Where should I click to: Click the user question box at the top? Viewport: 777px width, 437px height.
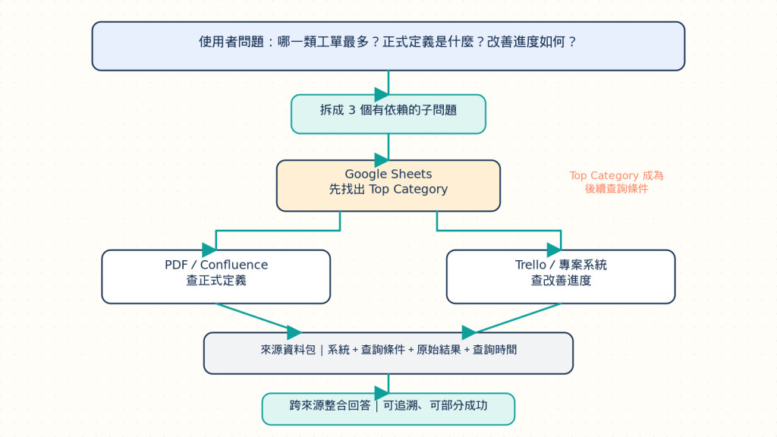tap(388, 46)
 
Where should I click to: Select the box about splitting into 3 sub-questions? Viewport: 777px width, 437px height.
tap(388, 114)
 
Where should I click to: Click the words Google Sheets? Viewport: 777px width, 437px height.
tap(388, 174)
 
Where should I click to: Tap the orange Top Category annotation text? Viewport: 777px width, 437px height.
tap(616, 182)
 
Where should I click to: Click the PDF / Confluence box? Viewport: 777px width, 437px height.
tap(216, 276)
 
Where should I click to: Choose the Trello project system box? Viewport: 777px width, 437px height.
tap(561, 276)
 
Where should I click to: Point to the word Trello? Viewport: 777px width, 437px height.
tap(530, 265)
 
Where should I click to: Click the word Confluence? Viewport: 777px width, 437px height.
tap(234, 265)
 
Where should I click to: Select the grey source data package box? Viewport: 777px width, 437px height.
tap(388, 353)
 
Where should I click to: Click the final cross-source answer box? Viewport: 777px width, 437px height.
tap(388, 409)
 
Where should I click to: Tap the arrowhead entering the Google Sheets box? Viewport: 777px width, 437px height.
tap(382, 160)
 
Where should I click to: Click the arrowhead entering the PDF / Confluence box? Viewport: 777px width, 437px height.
tap(209, 250)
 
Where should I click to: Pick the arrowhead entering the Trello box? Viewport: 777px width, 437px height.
tap(554, 250)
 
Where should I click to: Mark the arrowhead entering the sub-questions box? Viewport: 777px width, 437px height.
tap(382, 94)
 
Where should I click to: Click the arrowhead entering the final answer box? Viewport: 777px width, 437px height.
tap(382, 393)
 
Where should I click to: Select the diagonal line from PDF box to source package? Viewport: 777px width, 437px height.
tap(259, 318)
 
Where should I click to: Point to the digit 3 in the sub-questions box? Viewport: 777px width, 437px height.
tap(352, 110)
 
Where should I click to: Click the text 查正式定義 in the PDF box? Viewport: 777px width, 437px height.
tap(216, 281)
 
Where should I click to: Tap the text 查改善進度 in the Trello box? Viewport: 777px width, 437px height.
tap(561, 281)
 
